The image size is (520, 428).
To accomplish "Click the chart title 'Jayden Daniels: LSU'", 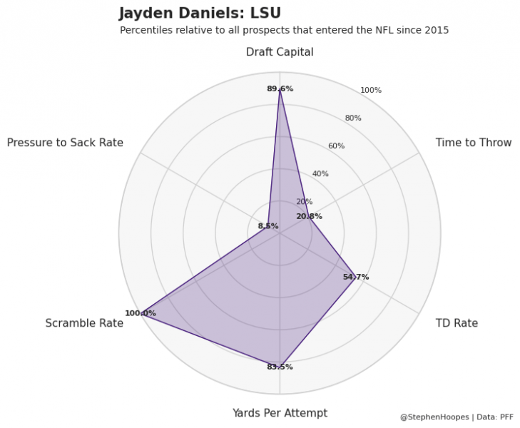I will [x=200, y=14].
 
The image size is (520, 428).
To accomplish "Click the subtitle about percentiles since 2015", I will [x=284, y=31].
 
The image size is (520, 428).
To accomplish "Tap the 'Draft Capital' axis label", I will [x=280, y=52].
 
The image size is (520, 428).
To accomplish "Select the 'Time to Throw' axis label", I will [x=473, y=143].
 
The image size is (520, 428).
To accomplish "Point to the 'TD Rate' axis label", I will [x=457, y=323].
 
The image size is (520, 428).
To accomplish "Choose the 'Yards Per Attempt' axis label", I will [x=280, y=413].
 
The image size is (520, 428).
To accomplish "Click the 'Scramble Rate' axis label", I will [x=84, y=323].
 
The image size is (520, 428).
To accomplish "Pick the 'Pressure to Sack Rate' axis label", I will [x=65, y=143].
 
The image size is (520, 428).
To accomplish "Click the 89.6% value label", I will [x=280, y=89].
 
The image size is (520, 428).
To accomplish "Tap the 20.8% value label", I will [x=309, y=217].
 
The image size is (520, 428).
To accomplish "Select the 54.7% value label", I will [x=355, y=277].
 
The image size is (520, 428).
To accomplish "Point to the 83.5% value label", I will [x=280, y=367].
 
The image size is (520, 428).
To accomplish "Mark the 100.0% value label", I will [x=140, y=313].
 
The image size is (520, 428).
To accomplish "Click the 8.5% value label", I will [x=268, y=226].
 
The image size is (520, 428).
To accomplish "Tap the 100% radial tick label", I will [x=371, y=91].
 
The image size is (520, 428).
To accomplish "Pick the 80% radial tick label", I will [x=353, y=118].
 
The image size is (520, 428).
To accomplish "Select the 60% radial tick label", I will [x=336, y=146].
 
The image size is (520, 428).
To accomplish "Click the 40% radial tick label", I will [x=320, y=174].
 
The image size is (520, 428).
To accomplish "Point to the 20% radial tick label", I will [x=304, y=202].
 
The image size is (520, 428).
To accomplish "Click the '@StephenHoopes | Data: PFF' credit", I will [x=457, y=417].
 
